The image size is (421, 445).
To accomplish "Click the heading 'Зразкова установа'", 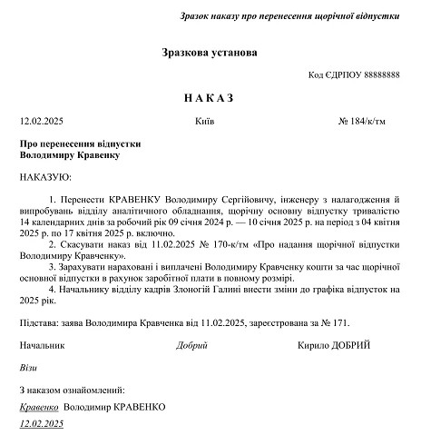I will [x=210, y=53].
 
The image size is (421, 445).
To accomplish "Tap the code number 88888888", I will [x=377, y=75].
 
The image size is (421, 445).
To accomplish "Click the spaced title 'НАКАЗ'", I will [x=210, y=97].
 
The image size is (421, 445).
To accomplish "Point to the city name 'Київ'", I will [x=204, y=121].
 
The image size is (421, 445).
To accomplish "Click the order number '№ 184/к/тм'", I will [x=368, y=121].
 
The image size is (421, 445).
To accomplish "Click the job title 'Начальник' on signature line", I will [x=43, y=346].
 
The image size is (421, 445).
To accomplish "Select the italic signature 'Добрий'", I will [x=192, y=346].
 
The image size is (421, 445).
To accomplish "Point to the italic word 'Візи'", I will [x=28, y=369].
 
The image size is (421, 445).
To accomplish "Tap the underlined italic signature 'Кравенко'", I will [x=39, y=408].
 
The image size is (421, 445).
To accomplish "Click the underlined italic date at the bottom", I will [x=41, y=424].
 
